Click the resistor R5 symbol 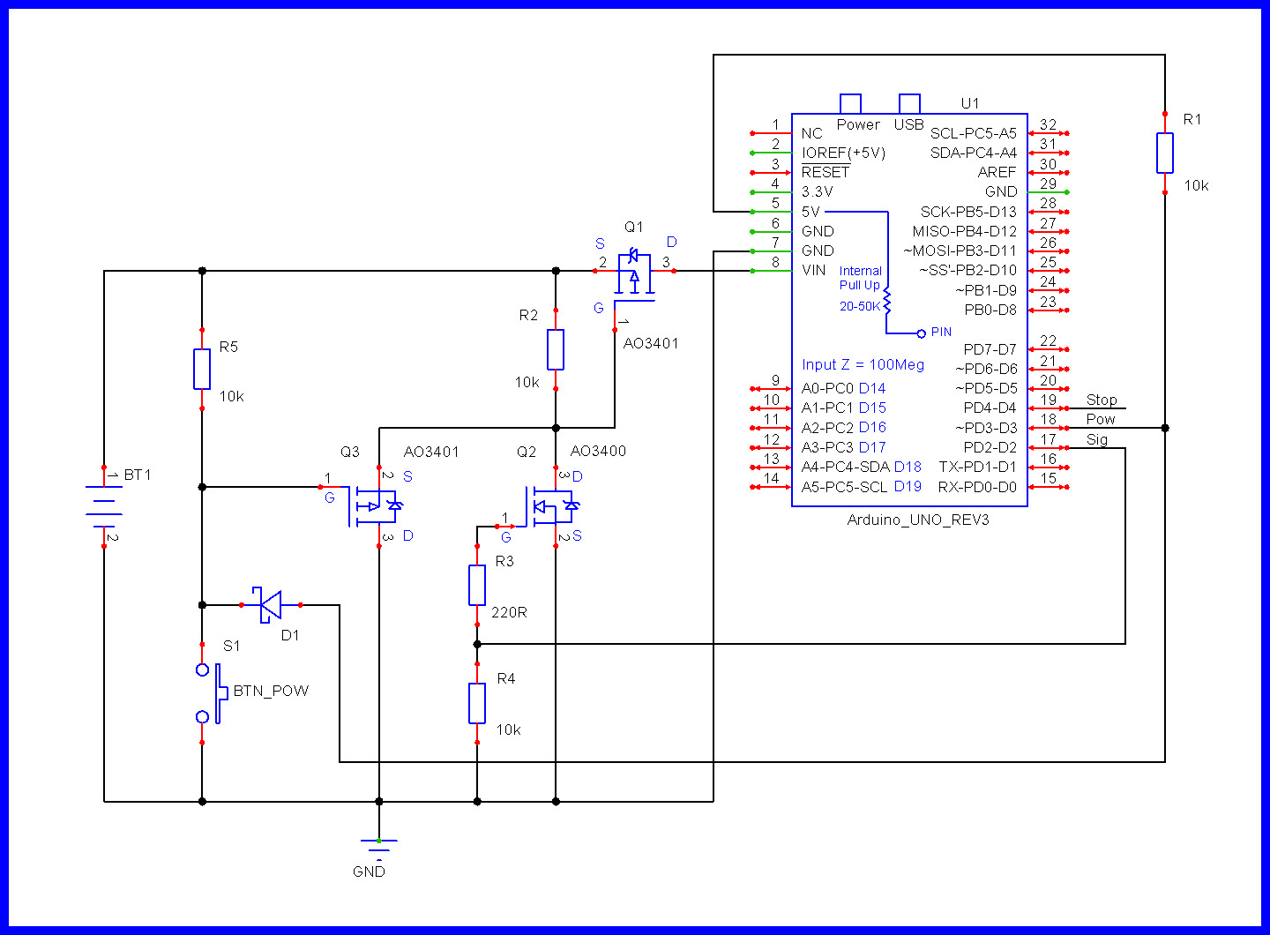202,369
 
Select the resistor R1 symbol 1165,153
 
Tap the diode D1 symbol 270,604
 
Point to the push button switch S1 208,693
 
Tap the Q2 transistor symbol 550,506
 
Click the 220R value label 509,612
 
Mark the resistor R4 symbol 477,703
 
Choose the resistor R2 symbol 556,349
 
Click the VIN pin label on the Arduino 813,270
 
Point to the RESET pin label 825,172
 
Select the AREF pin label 997,172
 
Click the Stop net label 1102,400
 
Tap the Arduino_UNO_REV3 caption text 918,520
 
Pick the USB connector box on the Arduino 909,104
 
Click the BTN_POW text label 271,691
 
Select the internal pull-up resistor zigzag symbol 887,302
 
